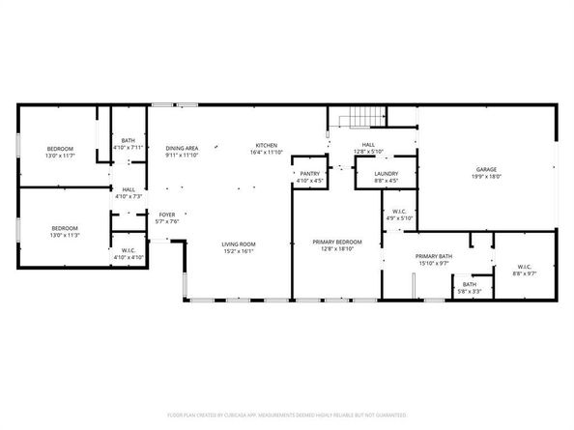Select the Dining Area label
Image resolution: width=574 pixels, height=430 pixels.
click(181, 148)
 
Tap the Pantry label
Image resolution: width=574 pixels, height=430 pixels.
click(309, 172)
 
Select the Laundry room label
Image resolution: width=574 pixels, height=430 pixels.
click(386, 173)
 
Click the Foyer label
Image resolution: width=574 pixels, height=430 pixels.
click(167, 215)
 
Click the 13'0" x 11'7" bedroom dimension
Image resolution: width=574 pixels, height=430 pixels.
click(59, 156)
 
